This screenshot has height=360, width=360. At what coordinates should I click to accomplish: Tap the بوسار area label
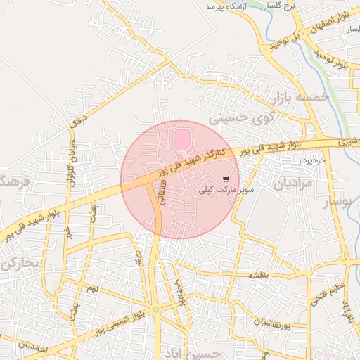337,204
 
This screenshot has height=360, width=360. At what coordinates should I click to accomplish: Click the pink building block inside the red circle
181,139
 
